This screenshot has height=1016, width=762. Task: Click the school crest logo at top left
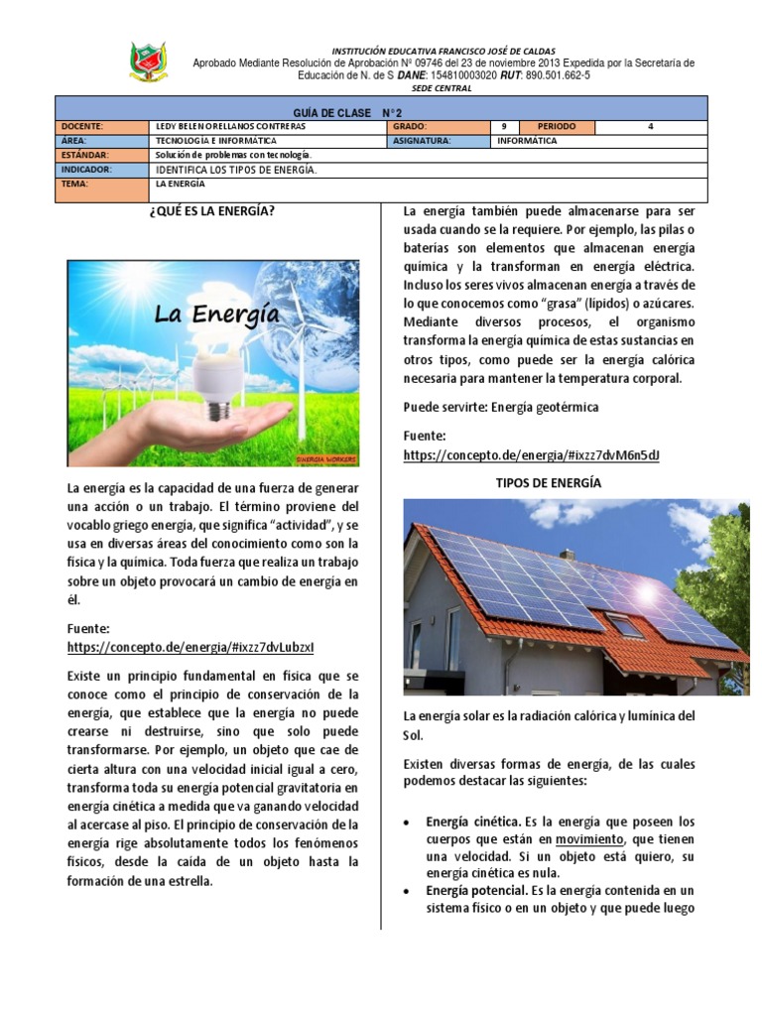coord(148,63)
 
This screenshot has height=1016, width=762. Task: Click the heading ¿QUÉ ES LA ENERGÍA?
coord(209,211)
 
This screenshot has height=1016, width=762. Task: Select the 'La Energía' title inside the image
coord(215,315)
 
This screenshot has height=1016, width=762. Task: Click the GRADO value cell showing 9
coord(504,127)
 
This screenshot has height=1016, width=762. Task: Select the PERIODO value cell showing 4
coord(650,127)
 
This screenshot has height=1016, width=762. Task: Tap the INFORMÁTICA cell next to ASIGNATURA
coord(528,141)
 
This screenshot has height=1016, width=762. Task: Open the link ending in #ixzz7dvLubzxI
coord(190,647)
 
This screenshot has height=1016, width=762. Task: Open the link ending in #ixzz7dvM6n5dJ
coord(532,454)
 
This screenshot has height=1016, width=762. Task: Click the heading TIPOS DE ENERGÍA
coord(548,482)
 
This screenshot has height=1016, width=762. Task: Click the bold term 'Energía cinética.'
coord(472,822)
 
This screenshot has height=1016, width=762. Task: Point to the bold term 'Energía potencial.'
coord(477,891)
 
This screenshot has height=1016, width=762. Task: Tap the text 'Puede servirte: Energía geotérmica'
coord(501,408)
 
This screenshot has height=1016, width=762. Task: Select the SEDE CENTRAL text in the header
coord(443,88)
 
